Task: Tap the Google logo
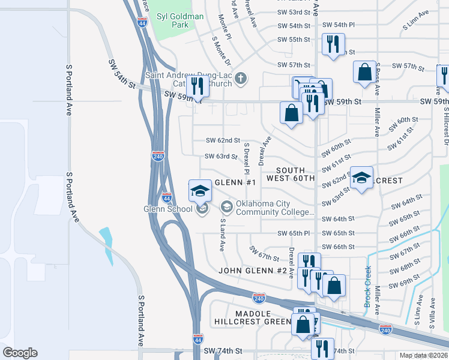pos(20,353)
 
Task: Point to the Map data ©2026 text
pos(424,355)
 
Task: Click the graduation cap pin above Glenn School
pos(199,192)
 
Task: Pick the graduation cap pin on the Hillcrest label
pos(361,178)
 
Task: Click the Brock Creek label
pos(368,287)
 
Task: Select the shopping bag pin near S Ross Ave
pos(364,73)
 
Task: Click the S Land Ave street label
pos(221,234)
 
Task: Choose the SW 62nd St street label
pos(223,140)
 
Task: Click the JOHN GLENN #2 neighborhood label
pos(252,271)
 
